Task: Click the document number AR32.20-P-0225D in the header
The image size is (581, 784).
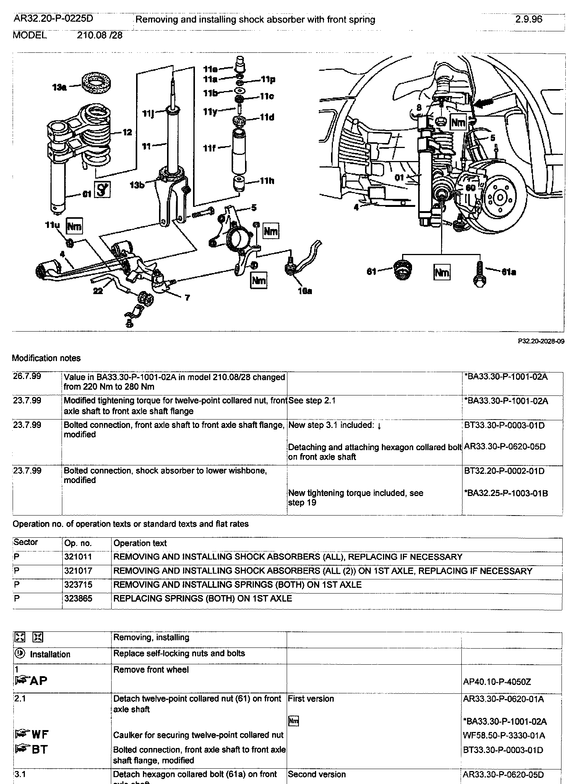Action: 53,19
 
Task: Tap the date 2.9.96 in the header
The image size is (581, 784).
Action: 528,20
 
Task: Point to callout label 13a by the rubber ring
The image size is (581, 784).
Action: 59,88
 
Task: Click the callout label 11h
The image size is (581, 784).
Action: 267,181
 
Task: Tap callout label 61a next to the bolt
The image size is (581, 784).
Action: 509,272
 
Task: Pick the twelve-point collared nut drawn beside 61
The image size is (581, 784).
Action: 400,271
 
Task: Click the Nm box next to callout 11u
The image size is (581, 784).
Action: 74,226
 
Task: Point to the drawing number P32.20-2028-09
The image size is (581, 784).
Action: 541,341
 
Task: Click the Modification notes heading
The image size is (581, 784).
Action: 46,358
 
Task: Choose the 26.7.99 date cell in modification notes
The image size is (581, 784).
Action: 27,377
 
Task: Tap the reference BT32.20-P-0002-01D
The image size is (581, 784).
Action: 504,471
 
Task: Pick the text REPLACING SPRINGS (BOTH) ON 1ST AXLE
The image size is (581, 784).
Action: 203,599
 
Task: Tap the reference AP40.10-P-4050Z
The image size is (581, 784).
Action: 497,682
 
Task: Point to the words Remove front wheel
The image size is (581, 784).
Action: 151,670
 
